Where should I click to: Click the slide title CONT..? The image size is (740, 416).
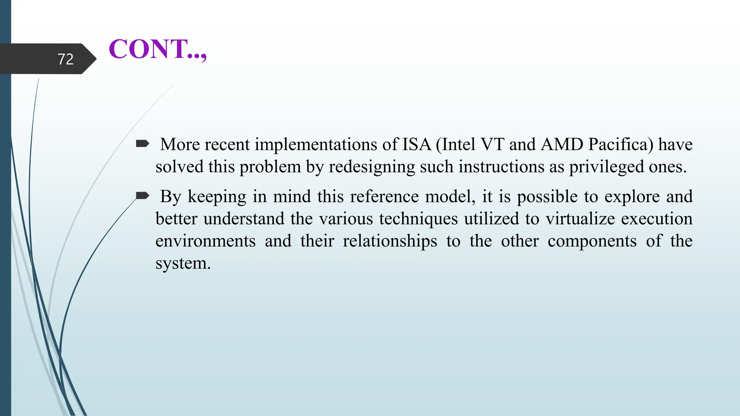(x=158, y=49)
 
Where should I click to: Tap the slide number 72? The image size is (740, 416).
(x=65, y=59)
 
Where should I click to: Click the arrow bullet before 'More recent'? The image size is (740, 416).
(x=142, y=144)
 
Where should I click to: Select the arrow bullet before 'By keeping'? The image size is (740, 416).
(x=142, y=196)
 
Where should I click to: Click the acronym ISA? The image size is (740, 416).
(x=417, y=144)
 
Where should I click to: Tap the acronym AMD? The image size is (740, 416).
(x=562, y=144)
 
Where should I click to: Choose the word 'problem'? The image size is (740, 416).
(x=270, y=167)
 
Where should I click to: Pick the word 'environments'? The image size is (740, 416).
(x=206, y=241)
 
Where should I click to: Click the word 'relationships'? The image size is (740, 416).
(x=390, y=241)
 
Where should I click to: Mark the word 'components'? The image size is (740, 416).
(x=592, y=241)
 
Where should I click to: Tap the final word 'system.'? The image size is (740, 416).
(x=183, y=263)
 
